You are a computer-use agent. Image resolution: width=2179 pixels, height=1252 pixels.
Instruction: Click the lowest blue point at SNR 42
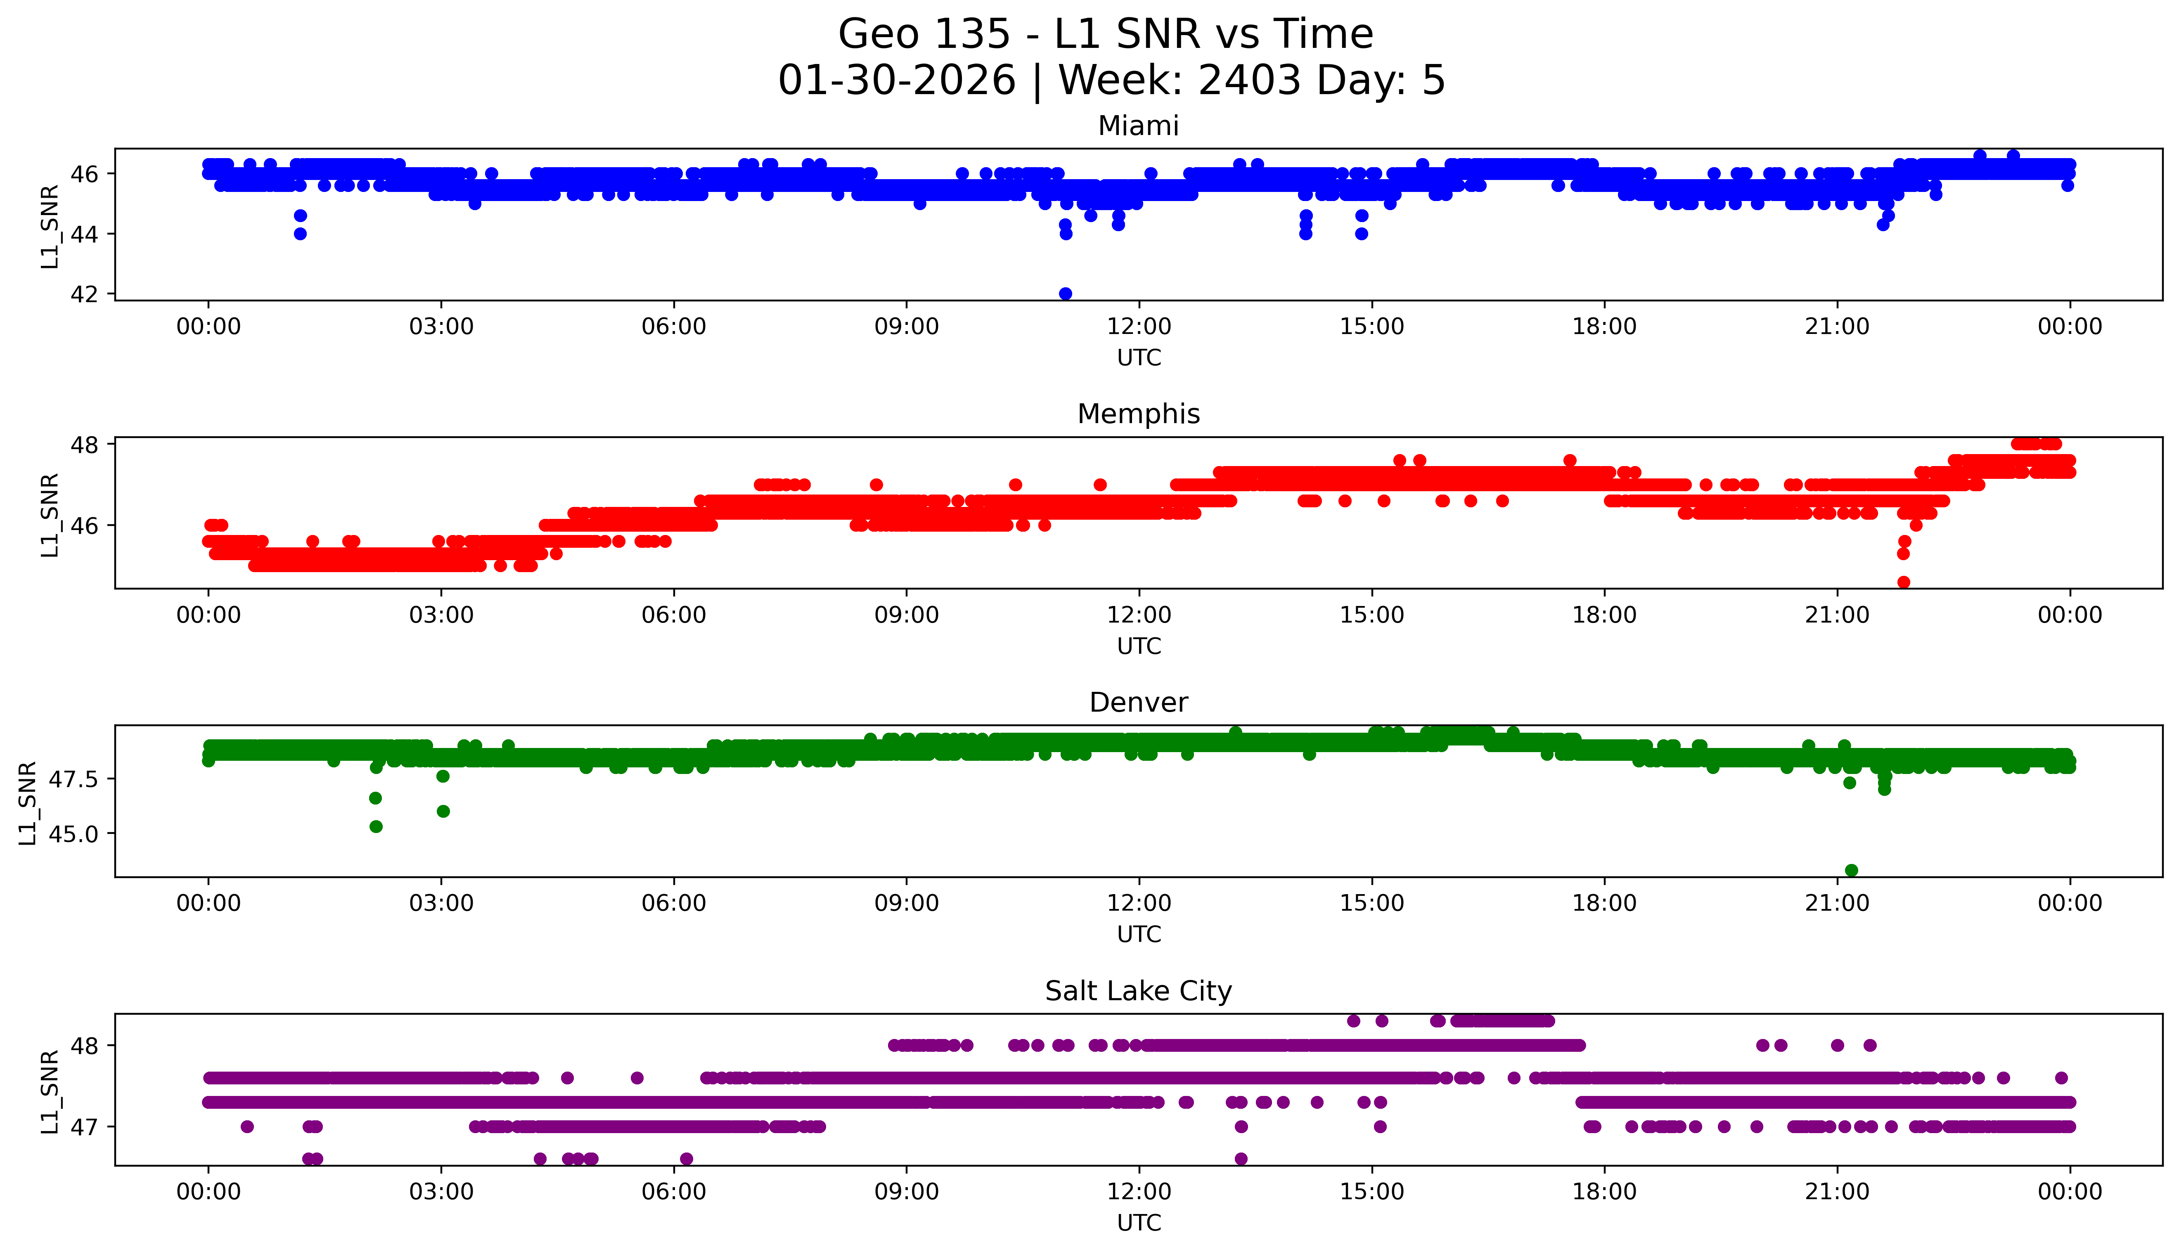pos(1066,293)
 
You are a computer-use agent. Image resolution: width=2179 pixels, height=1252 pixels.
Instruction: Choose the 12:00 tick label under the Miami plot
pos(1139,327)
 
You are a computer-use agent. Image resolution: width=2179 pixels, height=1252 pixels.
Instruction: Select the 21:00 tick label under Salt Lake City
pos(1837,1192)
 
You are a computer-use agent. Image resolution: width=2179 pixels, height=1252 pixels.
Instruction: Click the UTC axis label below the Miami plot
pos(1139,358)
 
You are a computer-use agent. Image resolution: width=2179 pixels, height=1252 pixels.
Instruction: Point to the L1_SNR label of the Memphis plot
pos(50,514)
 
